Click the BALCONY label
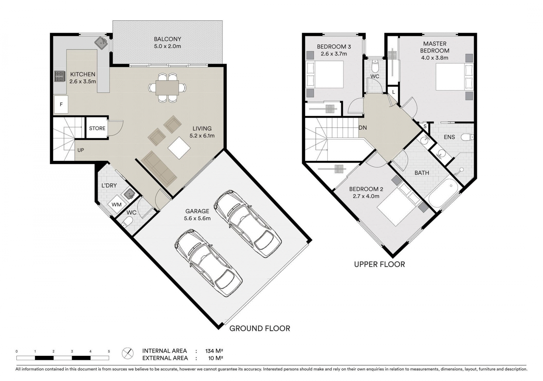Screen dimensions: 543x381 (167, 39)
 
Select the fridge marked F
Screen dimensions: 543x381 (61, 105)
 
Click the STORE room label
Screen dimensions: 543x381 (97, 128)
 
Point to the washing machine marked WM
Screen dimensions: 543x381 (117, 204)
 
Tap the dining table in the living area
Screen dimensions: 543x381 (167, 88)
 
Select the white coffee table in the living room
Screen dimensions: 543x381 (179, 148)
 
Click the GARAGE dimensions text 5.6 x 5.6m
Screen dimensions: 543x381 (197, 218)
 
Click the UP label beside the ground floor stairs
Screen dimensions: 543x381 (81, 150)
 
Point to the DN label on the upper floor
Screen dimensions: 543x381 (363, 128)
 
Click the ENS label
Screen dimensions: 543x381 (449, 137)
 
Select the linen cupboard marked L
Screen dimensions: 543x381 (393, 92)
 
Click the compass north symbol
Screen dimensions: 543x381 (128, 353)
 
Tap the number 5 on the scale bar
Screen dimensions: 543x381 (109, 351)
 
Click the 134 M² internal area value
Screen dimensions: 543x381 (214, 351)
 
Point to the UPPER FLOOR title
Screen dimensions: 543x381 (380, 264)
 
